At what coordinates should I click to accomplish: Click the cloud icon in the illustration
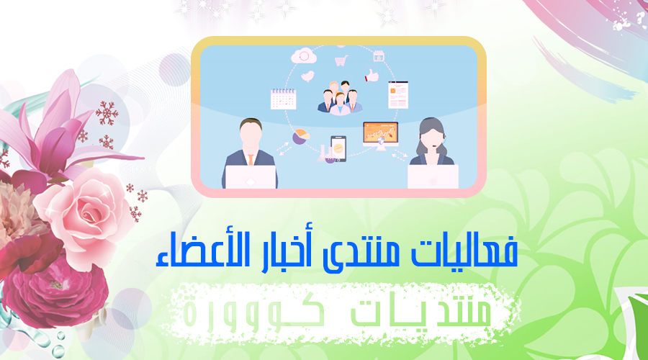tap(304, 55)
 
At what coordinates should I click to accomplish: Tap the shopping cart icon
tap(341, 61)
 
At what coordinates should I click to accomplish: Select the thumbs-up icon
tap(372, 75)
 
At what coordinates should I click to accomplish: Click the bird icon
tap(307, 76)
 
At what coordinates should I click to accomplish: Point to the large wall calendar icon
tap(283, 99)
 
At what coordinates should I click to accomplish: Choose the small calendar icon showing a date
tap(379, 55)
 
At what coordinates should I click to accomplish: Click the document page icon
tap(398, 95)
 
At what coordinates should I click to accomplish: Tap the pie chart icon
tap(301, 137)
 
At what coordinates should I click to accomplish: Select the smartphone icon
tap(338, 149)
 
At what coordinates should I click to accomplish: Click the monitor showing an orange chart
tap(381, 135)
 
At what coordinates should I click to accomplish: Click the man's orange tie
tap(251, 160)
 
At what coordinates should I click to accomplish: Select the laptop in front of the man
tap(251, 177)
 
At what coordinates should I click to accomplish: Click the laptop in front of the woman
tap(433, 176)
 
